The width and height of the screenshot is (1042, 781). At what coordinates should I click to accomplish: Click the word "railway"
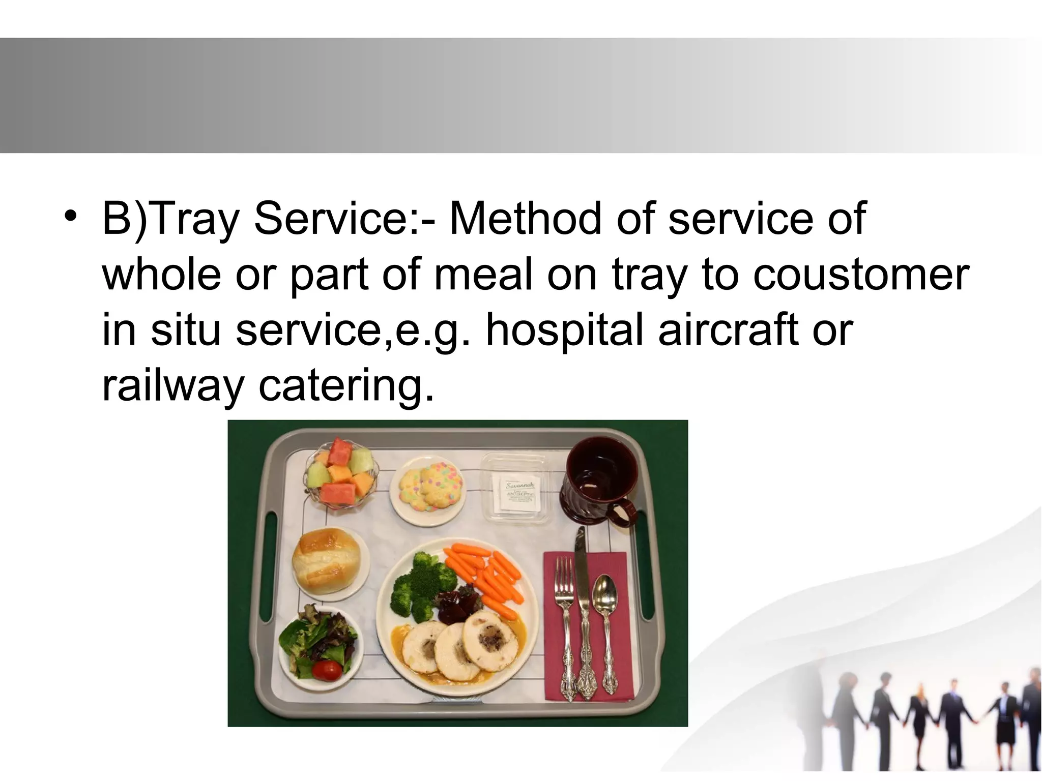click(173, 385)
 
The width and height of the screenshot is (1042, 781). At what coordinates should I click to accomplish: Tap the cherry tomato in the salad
click(326, 670)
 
